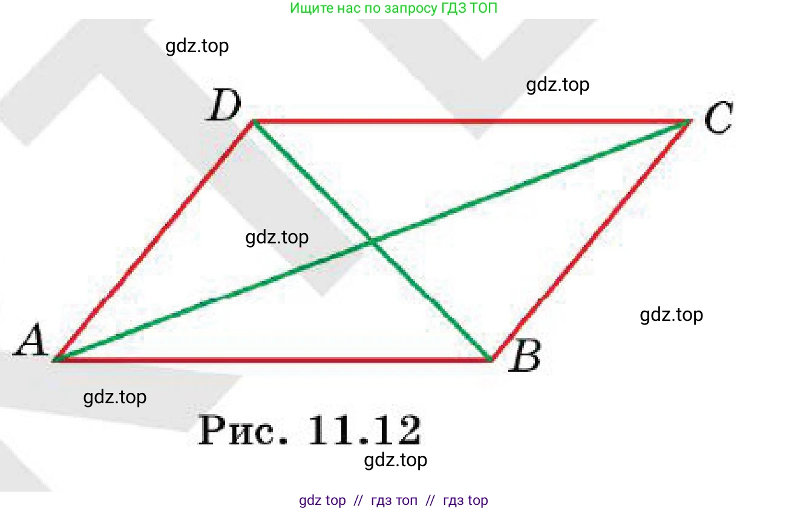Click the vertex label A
(x=31, y=340)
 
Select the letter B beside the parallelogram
(x=525, y=355)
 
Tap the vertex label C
(x=719, y=117)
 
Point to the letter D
(x=223, y=105)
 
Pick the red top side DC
(x=472, y=122)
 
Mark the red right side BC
(x=591, y=241)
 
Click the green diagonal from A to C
(x=372, y=241)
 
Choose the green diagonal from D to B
(x=372, y=241)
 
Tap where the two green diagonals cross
(x=372, y=241)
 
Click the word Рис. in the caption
(x=243, y=430)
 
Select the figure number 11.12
(x=364, y=430)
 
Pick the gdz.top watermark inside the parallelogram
(x=277, y=237)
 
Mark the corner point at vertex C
(x=690, y=121)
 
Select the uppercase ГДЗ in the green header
(x=454, y=8)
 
